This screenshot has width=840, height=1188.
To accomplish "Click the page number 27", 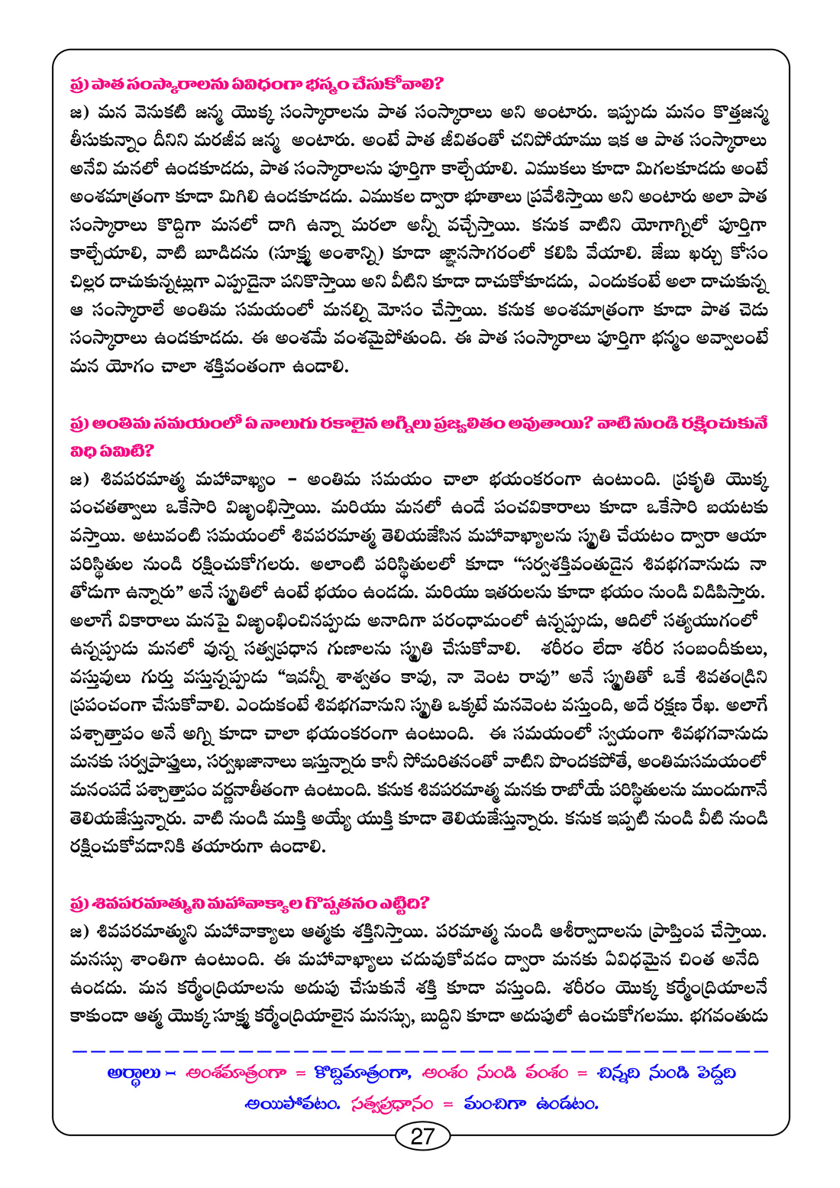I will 422,1136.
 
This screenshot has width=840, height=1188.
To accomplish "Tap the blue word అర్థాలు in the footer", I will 134,1073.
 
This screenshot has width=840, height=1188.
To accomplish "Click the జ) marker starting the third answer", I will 80,932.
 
